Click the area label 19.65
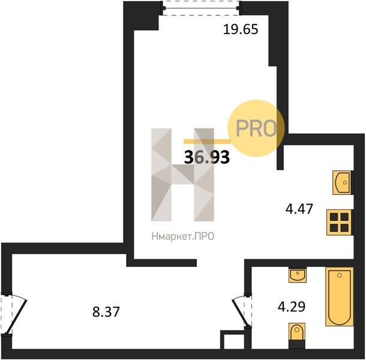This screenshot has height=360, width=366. point(241,29)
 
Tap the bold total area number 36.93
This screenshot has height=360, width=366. point(207,157)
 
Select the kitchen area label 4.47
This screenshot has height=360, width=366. point(299,209)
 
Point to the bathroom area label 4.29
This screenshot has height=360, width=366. point(292,307)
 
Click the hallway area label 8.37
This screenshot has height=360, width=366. point(106,312)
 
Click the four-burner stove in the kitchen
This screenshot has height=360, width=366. point(339,222)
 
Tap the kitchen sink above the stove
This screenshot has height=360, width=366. point(342,182)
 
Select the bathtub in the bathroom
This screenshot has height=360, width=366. point(339,297)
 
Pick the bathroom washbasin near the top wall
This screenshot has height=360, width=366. point(298,275)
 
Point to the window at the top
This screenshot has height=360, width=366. point(201,8)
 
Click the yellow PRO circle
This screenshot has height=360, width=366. point(256,128)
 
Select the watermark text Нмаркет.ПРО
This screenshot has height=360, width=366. point(183,236)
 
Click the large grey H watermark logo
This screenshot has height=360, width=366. point(182,175)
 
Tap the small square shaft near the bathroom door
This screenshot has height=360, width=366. point(232,340)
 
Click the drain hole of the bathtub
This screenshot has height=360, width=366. point(340,275)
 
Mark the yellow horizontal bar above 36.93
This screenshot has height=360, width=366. point(207,141)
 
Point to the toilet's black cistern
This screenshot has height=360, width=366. point(296,344)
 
